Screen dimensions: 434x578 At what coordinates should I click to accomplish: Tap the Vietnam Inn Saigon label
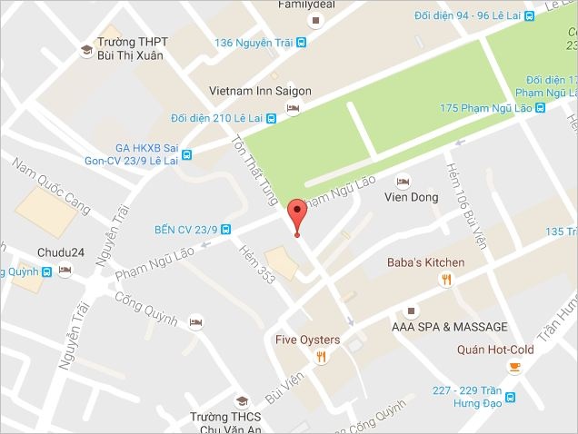260,92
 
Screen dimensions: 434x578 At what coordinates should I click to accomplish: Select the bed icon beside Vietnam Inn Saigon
293,109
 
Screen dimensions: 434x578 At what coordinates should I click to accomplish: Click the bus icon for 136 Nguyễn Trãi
301,42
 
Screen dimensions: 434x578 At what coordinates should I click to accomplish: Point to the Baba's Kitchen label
425,262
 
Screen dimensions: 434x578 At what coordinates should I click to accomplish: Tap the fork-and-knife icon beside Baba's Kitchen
445,280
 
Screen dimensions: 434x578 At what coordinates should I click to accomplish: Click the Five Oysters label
307,340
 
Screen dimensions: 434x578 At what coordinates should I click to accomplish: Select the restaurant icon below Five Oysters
321,358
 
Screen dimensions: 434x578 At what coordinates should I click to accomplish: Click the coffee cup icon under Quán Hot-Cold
514,367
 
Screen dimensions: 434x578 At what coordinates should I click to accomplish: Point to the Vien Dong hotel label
411,197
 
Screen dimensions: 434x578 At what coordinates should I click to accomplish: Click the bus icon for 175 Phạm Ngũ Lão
540,108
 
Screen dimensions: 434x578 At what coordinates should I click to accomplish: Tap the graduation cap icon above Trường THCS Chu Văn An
241,400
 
